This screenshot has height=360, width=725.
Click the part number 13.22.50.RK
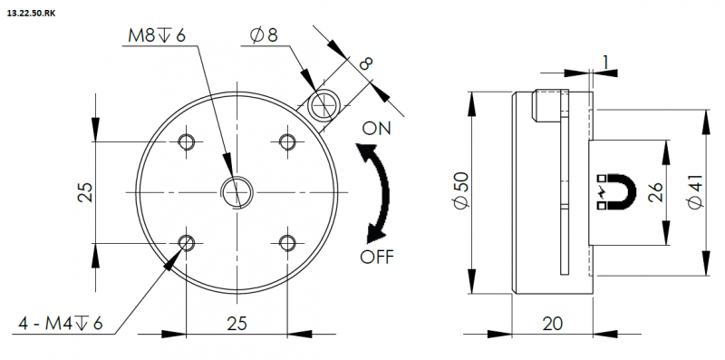(x=31, y=14)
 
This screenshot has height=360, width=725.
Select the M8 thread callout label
(x=157, y=36)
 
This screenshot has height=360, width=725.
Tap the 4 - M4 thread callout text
(x=61, y=324)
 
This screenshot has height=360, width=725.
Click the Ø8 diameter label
(x=264, y=35)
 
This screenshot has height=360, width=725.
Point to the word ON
(x=376, y=128)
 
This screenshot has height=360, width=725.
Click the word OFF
(x=377, y=256)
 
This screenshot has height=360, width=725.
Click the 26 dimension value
(x=655, y=191)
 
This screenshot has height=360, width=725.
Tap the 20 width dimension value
(x=552, y=323)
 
